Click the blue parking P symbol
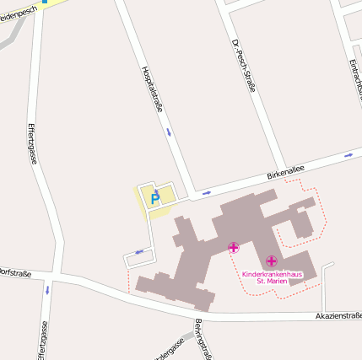pos(154,199)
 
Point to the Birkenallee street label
pos(285,172)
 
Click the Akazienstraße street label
pos(338,315)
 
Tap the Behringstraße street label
pos(200,339)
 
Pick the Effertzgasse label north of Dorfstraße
pos(32,144)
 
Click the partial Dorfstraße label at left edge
pos(14,272)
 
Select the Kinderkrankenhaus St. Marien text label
pos(271,277)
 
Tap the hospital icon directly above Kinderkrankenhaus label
pos(271,261)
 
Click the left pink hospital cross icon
pos(233,248)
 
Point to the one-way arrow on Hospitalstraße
pos(169,132)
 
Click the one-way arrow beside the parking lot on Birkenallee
pos(206,192)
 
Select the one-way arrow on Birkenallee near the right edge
pos(348,156)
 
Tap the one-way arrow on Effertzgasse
pos(47,289)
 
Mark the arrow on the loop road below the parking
pos(139,251)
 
